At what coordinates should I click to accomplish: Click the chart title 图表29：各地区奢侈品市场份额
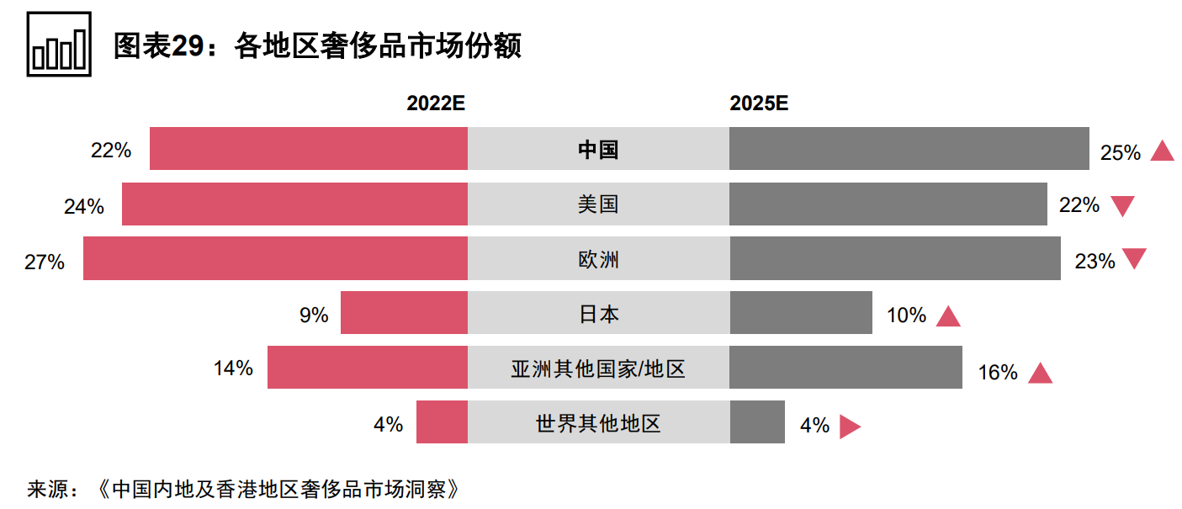point(317,45)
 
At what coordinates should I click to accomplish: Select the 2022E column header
point(436,103)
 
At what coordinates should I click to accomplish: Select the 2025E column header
point(759,103)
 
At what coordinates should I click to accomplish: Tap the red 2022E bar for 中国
point(308,149)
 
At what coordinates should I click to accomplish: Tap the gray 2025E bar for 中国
point(909,149)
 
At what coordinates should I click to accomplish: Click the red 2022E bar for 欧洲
point(275,258)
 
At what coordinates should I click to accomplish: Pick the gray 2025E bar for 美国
point(888,204)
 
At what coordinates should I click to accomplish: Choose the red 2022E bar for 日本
point(404,313)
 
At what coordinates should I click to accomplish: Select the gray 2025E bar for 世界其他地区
point(756,422)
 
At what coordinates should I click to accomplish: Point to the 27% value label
point(45,262)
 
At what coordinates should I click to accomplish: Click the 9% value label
point(314,315)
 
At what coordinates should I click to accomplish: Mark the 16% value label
point(998,373)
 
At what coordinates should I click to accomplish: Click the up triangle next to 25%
point(1162,151)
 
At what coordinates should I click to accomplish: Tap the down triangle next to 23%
point(1134,259)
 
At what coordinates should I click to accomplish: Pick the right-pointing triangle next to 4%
point(849,427)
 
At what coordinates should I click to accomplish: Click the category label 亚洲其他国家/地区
point(598,368)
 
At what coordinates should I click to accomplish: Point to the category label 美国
point(598,204)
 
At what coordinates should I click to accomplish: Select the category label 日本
point(598,314)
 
